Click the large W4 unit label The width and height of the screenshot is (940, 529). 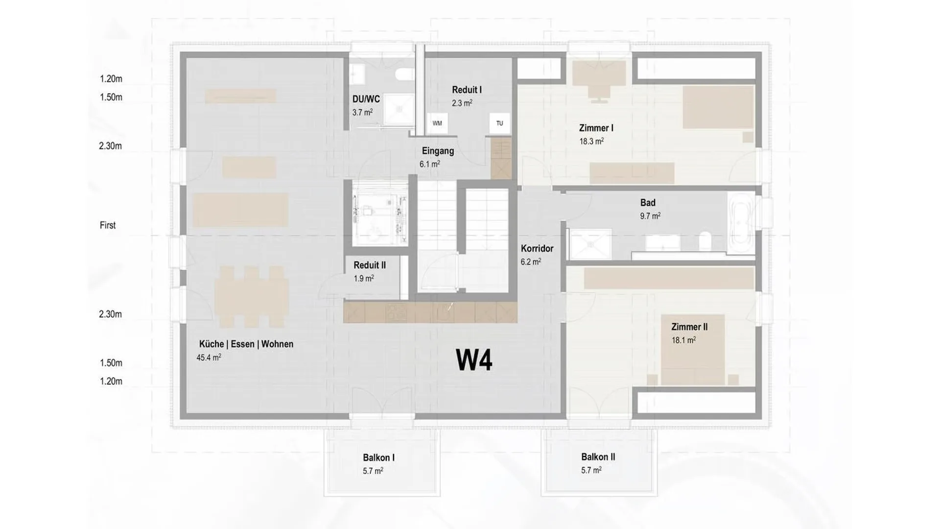(x=474, y=361)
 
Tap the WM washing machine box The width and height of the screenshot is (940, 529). (x=437, y=123)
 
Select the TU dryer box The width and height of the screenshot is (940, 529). (x=499, y=123)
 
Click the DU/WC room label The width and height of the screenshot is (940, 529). (x=366, y=99)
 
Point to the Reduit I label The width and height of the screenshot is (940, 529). (x=467, y=90)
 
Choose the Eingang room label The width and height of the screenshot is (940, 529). (x=438, y=151)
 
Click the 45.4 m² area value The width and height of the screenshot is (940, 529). (x=209, y=357)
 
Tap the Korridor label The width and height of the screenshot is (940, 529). (x=537, y=248)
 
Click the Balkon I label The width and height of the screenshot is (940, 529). (x=378, y=457)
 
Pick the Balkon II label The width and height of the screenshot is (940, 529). (x=598, y=457)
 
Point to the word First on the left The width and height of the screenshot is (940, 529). (x=108, y=225)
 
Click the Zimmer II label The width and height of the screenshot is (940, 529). (x=689, y=327)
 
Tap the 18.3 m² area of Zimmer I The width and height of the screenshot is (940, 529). (x=591, y=141)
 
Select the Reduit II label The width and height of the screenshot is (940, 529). (x=370, y=265)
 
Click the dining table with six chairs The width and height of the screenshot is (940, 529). (x=251, y=297)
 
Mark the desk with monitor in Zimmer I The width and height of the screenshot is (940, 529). (x=599, y=81)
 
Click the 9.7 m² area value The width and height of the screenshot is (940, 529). (x=650, y=216)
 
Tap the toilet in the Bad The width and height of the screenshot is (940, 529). (x=705, y=241)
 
